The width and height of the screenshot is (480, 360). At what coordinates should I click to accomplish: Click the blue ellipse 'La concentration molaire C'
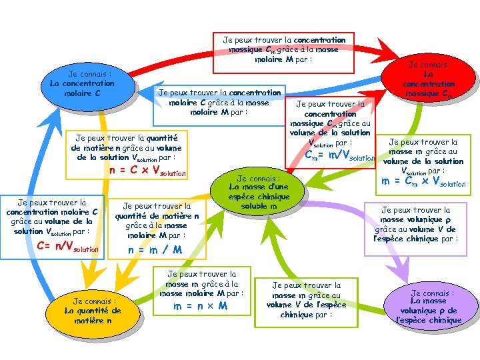click(83, 83)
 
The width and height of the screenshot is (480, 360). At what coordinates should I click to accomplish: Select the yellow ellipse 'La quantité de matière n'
click(93, 310)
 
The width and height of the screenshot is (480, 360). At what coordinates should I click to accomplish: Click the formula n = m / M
click(154, 250)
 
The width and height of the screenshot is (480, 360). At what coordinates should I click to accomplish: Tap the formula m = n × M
click(201, 306)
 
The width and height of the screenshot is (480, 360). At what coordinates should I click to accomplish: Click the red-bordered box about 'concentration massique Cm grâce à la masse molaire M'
click(283, 50)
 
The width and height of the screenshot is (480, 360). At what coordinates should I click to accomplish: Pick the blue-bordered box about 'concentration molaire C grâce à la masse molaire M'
click(219, 104)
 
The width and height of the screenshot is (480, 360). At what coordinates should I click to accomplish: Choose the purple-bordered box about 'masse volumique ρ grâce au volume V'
click(415, 224)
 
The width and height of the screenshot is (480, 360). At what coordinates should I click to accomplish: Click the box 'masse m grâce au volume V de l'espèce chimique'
click(306, 300)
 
